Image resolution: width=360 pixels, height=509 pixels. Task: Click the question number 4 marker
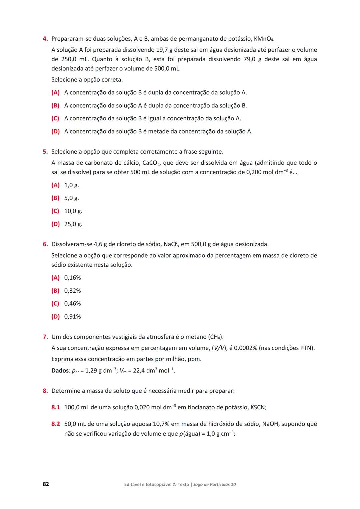[x=45, y=39]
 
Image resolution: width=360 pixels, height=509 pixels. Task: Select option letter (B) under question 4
[x=55, y=106]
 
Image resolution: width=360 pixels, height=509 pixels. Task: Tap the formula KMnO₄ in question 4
[x=264, y=39]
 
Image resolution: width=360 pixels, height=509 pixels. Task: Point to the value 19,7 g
[x=164, y=50]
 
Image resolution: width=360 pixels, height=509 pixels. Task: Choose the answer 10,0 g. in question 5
[x=73, y=211]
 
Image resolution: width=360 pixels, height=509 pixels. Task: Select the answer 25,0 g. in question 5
[x=73, y=224]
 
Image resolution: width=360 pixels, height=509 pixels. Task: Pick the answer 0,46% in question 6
[x=72, y=304]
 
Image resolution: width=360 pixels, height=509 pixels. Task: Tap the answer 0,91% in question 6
[x=72, y=317]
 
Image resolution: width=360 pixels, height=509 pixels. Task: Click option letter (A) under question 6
[x=55, y=278]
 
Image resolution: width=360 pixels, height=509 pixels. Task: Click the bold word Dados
[x=60, y=371]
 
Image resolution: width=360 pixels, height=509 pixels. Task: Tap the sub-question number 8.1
[x=55, y=407]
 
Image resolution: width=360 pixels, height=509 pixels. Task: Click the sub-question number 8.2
[x=55, y=424]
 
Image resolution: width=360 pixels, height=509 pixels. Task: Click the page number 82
[x=46, y=484]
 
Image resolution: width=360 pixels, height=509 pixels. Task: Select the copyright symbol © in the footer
[x=174, y=484]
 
